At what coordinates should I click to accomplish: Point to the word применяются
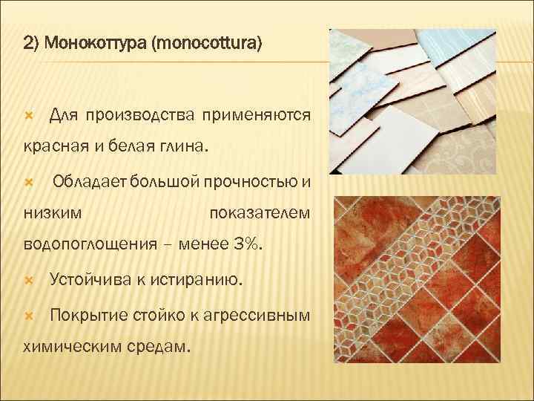tap(257, 115)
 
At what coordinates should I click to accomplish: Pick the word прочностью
tap(239, 183)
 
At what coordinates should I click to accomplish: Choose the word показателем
tap(260, 214)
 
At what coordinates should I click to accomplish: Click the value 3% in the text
tap(249, 244)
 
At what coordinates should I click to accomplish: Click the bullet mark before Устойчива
tap(29, 281)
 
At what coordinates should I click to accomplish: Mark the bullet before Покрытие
tap(29, 315)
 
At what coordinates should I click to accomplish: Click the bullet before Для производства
tap(29, 115)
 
